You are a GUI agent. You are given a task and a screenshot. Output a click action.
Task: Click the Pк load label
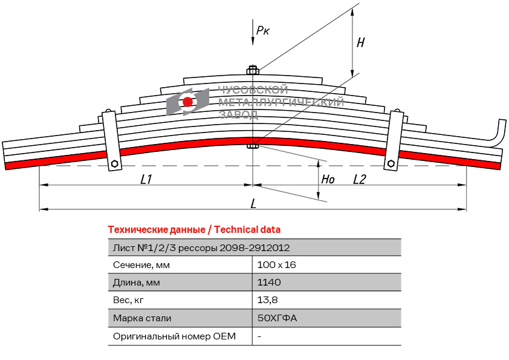click(x=262, y=30)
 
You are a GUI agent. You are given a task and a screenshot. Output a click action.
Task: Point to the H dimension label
click(x=361, y=42)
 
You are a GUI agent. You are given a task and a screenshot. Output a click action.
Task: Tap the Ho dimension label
click(x=328, y=179)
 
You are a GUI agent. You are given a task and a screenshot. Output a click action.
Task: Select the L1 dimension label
click(x=146, y=179)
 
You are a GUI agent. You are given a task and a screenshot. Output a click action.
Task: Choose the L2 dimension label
click(x=359, y=179)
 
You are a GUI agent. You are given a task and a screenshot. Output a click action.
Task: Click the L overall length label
click(x=253, y=204)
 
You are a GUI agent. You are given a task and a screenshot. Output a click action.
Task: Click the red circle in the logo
click(x=187, y=102)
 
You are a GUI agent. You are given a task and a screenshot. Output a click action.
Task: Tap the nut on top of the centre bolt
click(x=253, y=70)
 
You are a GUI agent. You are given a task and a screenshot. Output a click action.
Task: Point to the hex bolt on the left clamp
click(x=114, y=163)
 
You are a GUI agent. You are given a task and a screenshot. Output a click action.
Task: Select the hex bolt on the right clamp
click(x=391, y=163)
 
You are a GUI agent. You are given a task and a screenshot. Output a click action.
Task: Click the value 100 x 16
click(x=277, y=265)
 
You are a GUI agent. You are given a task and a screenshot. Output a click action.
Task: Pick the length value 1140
click(x=269, y=282)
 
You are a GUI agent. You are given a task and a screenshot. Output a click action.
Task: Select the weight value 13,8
click(x=267, y=300)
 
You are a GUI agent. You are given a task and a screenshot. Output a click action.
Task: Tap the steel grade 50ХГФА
click(x=277, y=318)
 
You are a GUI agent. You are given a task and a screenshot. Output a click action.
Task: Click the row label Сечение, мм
click(x=141, y=265)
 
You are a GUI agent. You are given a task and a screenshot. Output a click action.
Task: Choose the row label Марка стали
click(x=142, y=318)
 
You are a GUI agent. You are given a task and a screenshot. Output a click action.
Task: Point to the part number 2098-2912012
click(x=254, y=248)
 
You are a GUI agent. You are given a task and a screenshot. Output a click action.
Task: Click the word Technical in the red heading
click(x=236, y=230)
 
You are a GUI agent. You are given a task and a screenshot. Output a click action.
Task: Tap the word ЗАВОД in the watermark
click(x=238, y=115)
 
